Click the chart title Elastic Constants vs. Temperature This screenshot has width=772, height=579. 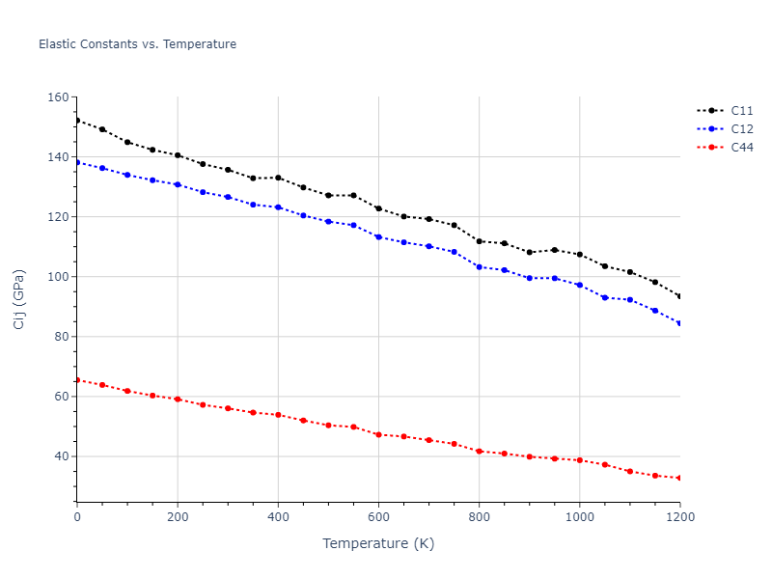[x=137, y=44]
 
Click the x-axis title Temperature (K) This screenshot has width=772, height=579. [x=378, y=544]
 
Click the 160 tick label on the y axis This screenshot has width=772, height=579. [x=57, y=97]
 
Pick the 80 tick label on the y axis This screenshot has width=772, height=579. [x=61, y=337]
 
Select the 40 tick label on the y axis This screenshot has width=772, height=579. [x=61, y=456]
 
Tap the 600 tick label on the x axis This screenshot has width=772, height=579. [x=378, y=517]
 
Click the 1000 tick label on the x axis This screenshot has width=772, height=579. [x=579, y=517]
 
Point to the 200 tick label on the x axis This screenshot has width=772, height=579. [x=178, y=517]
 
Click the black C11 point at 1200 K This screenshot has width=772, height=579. [x=679, y=296]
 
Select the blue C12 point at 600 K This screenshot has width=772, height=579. [x=378, y=236]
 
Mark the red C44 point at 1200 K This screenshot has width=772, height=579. [x=679, y=478]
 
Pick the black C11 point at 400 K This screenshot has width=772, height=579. [x=278, y=178]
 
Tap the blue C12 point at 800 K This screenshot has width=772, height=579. [x=479, y=266]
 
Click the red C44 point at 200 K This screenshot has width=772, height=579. [x=178, y=399]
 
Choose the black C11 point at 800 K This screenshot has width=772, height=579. [x=479, y=241]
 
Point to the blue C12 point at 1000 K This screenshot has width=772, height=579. [x=579, y=285]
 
